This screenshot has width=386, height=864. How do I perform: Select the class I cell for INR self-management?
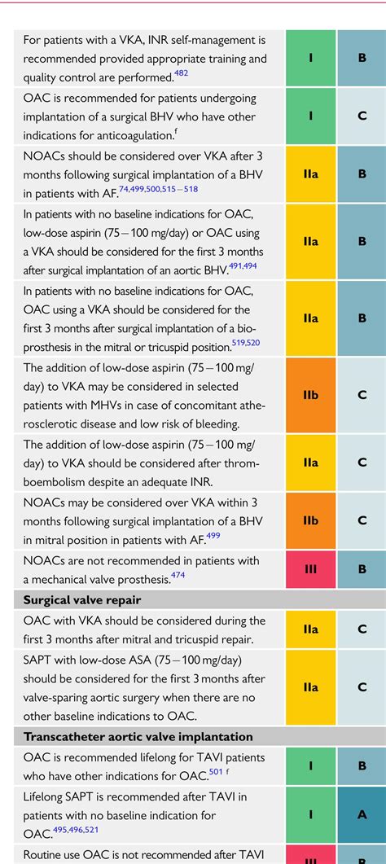pyautogui.click(x=310, y=58)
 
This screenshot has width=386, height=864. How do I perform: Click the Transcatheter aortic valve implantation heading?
pyautogui.click(x=138, y=736)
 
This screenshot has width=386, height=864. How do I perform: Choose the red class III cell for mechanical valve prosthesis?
pyautogui.click(x=310, y=569)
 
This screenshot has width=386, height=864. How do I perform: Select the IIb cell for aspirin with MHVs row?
pyautogui.click(x=310, y=394)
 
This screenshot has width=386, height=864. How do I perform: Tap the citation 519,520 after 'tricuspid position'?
pyautogui.click(x=246, y=343)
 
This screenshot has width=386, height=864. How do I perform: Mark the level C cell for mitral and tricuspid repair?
pyautogui.click(x=362, y=629)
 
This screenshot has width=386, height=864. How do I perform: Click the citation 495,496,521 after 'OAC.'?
pyautogui.click(x=75, y=831)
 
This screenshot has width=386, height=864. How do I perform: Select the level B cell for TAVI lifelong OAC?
pyautogui.click(x=362, y=765)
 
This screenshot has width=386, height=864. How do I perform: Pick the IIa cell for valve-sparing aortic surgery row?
pyautogui.click(x=310, y=687)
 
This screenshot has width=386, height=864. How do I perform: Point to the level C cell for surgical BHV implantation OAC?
pyautogui.click(x=362, y=116)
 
